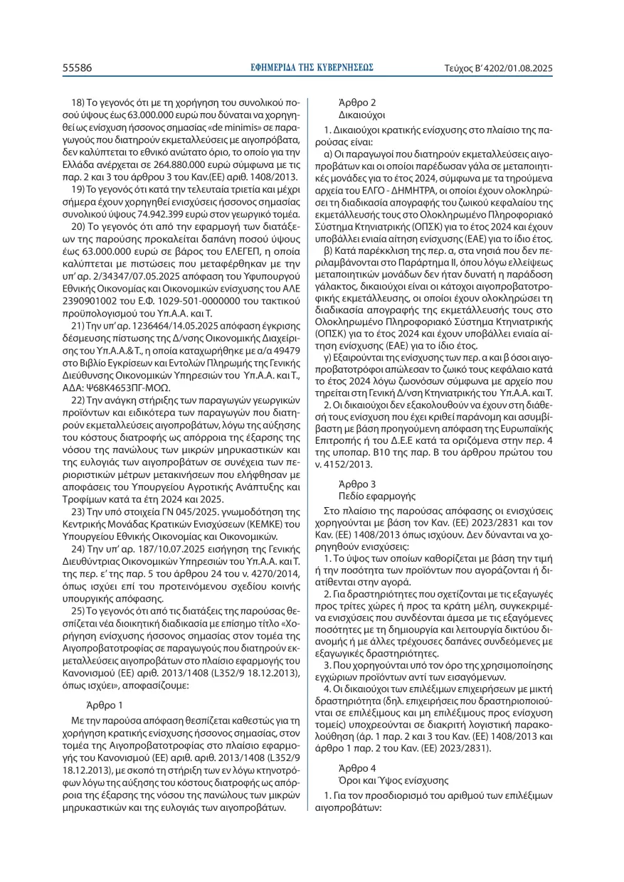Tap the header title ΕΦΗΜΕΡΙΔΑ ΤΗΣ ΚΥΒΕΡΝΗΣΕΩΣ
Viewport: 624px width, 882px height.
(x=312, y=68)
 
